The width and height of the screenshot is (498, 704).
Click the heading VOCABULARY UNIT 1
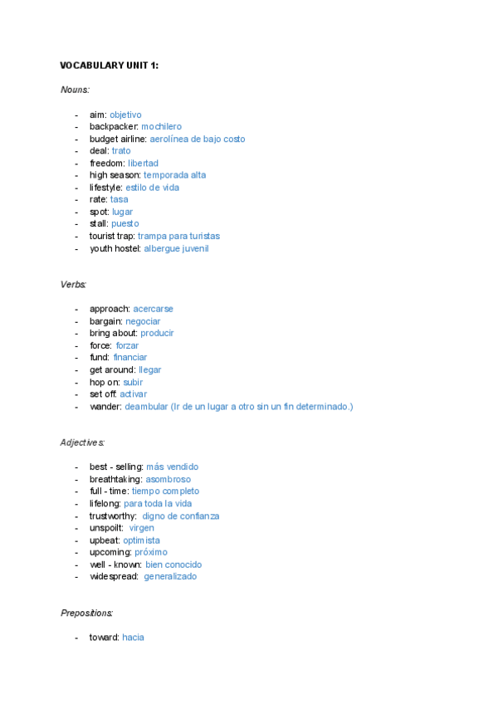[x=109, y=66]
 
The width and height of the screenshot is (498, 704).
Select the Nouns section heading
[x=75, y=90]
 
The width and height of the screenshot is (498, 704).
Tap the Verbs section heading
[x=73, y=285]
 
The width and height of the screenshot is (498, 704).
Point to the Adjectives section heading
[x=82, y=442]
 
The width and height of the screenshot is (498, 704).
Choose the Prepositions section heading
[x=86, y=614]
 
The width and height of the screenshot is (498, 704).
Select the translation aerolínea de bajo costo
[x=198, y=139]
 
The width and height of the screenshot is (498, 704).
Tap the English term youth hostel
[x=115, y=248]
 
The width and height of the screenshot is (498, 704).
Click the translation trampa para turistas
[x=178, y=237]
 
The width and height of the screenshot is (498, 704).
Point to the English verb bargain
[x=105, y=321]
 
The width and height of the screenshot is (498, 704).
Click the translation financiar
[x=130, y=358]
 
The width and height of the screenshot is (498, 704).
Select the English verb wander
[x=105, y=407]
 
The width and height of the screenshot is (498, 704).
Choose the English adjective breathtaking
[x=115, y=480]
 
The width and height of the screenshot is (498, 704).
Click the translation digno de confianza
[x=181, y=516]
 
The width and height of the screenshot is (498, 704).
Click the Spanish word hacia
[x=133, y=638]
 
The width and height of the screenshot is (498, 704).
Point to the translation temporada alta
[x=174, y=175]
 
